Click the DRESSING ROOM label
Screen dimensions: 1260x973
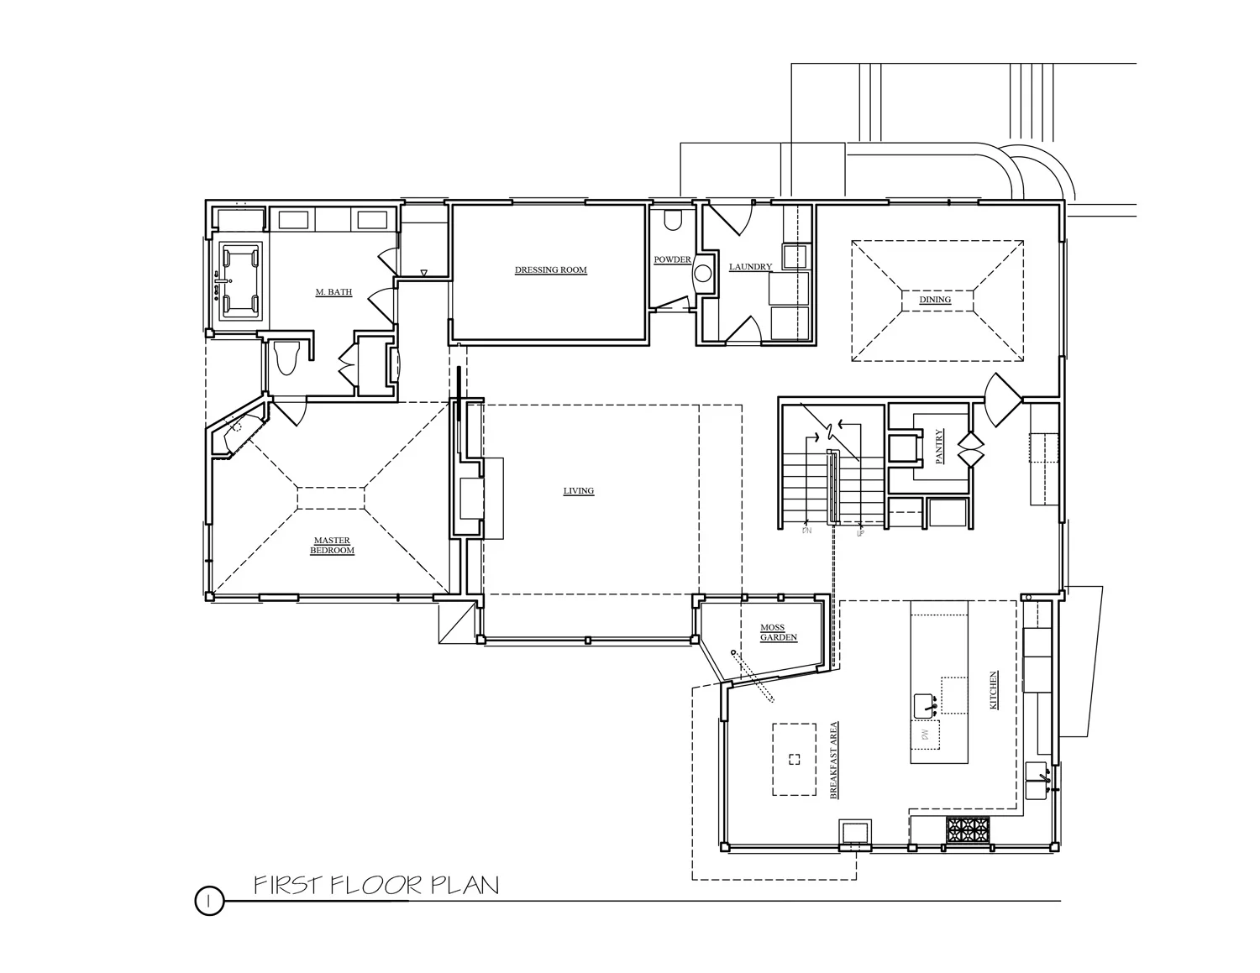point(550,270)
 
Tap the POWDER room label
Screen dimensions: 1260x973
point(672,260)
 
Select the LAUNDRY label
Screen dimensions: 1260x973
point(750,267)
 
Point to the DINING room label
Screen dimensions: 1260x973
point(935,300)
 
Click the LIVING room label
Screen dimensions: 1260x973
point(579,491)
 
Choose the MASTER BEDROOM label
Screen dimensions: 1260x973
point(332,546)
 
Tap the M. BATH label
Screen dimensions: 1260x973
point(333,292)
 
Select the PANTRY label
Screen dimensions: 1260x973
point(939,447)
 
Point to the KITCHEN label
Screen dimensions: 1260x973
point(994,690)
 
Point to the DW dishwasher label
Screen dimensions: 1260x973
point(924,736)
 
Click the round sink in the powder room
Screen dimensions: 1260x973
point(703,272)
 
